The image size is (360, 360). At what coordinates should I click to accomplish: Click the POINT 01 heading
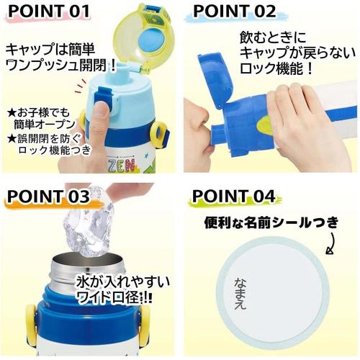(49, 11)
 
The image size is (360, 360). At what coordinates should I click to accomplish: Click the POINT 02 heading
(235, 11)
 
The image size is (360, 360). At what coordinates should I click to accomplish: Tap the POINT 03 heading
(48, 197)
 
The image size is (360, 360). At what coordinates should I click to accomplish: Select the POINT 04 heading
(233, 197)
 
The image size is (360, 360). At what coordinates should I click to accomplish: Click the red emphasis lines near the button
(80, 87)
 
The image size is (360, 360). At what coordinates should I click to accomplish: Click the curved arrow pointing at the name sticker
(332, 243)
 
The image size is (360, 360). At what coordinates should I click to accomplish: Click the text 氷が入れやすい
(122, 282)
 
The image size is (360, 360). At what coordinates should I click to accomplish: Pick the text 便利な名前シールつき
(271, 222)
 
